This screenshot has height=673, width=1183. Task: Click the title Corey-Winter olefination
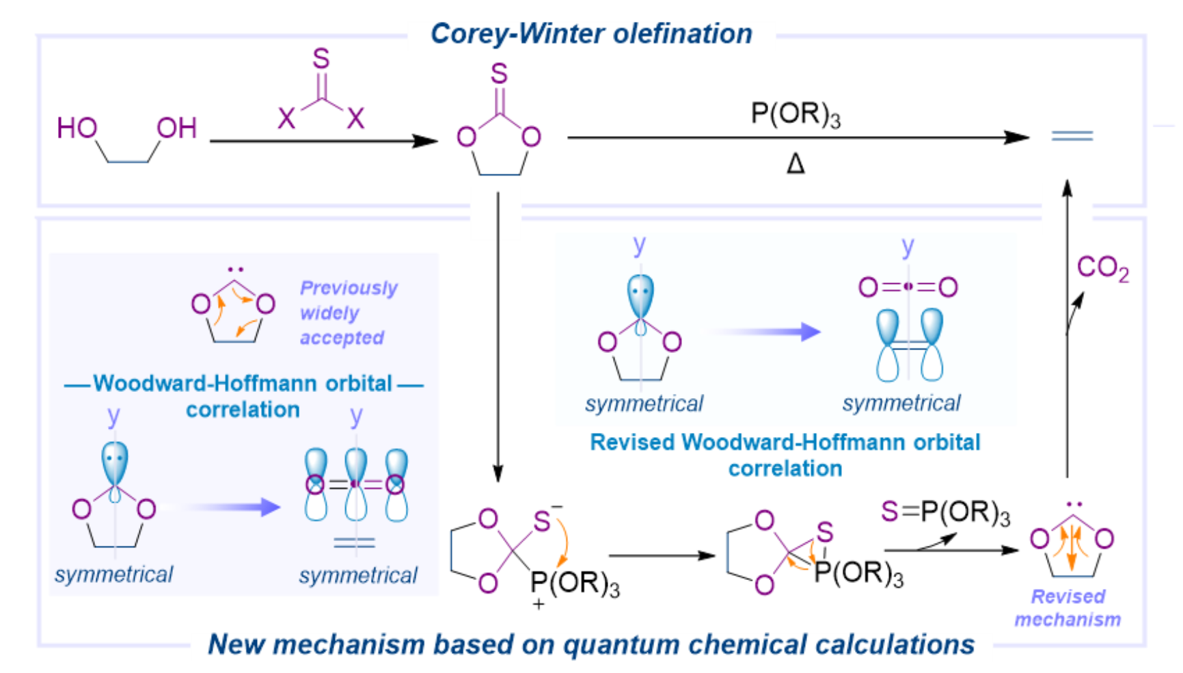[591, 34]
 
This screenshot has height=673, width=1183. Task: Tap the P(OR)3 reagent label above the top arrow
[796, 114]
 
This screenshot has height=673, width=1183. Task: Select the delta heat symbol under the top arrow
[796, 164]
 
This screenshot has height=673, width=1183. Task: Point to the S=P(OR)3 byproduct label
[945, 513]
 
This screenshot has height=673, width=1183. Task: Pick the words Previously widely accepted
[348, 313]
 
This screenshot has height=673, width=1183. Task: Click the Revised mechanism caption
[1068, 608]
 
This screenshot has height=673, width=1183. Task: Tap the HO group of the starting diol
[77, 128]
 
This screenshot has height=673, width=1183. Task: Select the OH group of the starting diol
[177, 128]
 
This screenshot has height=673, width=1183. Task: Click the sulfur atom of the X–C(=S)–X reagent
[321, 60]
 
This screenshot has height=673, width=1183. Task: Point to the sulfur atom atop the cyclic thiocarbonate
[499, 73]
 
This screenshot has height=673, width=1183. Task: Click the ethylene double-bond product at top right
[1072, 136]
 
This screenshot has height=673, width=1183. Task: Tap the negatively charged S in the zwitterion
[542, 522]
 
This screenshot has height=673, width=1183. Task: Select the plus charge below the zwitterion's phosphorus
[539, 605]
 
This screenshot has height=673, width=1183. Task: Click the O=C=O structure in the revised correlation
[908, 287]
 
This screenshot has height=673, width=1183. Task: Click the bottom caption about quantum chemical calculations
[591, 644]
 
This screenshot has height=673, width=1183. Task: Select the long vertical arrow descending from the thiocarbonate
[498, 335]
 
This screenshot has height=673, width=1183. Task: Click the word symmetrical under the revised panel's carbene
[644, 404]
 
